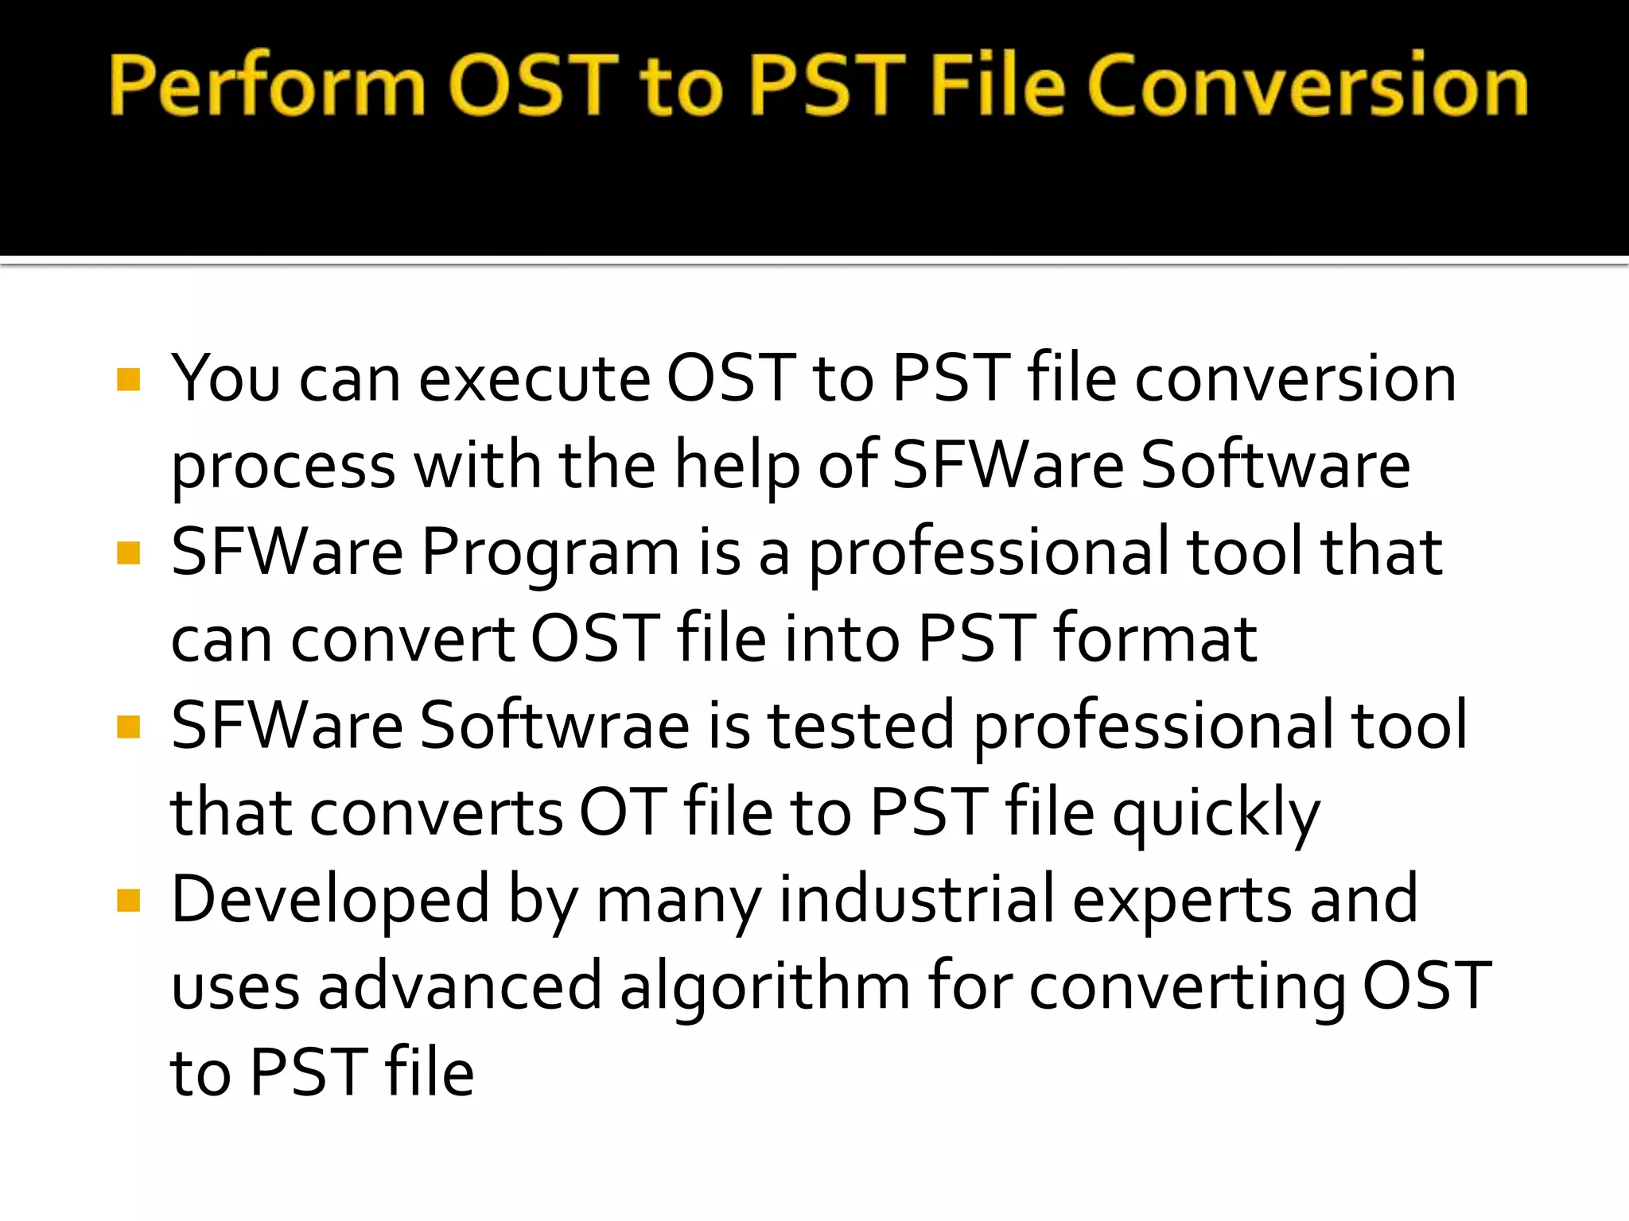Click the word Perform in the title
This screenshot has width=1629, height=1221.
[267, 85]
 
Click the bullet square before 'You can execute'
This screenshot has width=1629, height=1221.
[128, 379]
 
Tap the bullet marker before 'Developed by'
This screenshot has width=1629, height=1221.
[128, 901]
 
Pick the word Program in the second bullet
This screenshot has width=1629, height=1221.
[550, 554]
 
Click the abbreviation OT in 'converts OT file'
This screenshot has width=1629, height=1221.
[622, 812]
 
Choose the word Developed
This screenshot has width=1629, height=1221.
[330, 901]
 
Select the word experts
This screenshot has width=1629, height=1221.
[1181, 901]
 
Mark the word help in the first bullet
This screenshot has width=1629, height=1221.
[737, 467]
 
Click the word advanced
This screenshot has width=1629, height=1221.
[460, 986]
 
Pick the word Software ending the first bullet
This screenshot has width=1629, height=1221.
[1275, 465]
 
